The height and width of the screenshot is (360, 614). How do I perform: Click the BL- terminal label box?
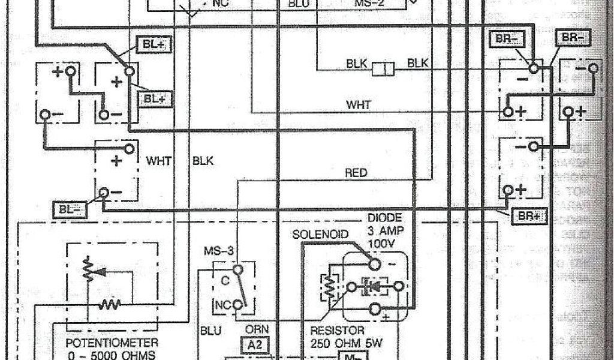tap(71, 209)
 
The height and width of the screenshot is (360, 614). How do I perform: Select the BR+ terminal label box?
tap(526, 217)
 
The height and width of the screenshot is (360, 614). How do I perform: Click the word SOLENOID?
tap(321, 233)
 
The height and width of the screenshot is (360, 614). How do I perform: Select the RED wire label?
tap(356, 173)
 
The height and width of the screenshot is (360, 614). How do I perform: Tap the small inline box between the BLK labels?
tap(383, 70)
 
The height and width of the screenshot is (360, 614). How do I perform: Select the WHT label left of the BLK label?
tap(159, 161)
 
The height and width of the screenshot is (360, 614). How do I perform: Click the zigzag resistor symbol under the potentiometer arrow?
tap(111, 304)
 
